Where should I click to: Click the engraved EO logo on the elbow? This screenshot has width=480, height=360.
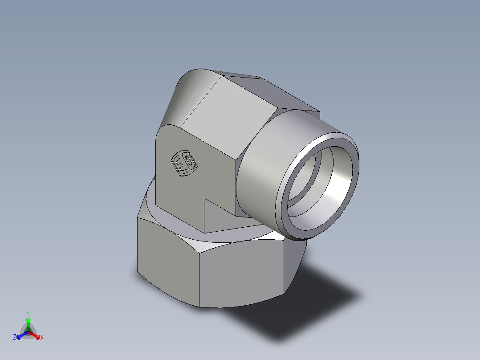click(x=184, y=164)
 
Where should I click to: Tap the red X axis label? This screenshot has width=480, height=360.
click(x=42, y=338)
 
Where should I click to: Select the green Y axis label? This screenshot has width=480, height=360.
click(x=28, y=313)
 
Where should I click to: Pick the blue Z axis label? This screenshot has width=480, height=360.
click(x=15, y=338)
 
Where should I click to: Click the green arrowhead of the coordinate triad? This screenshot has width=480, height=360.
click(x=28, y=320)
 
